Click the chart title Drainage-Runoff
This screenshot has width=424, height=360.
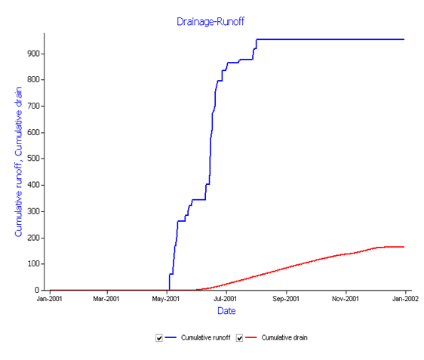pos(210,22)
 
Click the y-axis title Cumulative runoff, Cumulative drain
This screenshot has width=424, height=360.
pos(18,162)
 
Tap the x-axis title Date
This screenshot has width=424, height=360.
pos(226,311)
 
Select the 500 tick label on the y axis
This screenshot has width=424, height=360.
pos(33,158)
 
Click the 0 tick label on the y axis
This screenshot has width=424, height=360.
pos(37,290)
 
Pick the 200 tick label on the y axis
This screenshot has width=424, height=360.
pos(33,238)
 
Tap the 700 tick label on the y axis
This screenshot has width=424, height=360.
pos(33,106)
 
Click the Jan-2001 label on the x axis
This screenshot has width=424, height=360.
pos(50,299)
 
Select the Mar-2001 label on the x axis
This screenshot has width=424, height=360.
pos(106,299)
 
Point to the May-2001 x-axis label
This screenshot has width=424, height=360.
pos(166,299)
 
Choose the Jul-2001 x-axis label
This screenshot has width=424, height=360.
pos(225,299)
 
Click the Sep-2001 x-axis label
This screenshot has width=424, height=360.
pos(286,299)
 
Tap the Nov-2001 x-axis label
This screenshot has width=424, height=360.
pos(346,299)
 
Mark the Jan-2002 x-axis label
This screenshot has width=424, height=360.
pos(405,299)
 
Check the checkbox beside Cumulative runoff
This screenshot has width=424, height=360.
pos(159,338)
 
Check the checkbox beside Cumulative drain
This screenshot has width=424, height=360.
pos(239,338)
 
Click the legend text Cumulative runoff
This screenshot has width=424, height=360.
pos(205,337)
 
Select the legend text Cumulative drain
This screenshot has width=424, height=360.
pos(284,337)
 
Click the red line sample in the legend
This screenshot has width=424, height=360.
pos(251,337)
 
